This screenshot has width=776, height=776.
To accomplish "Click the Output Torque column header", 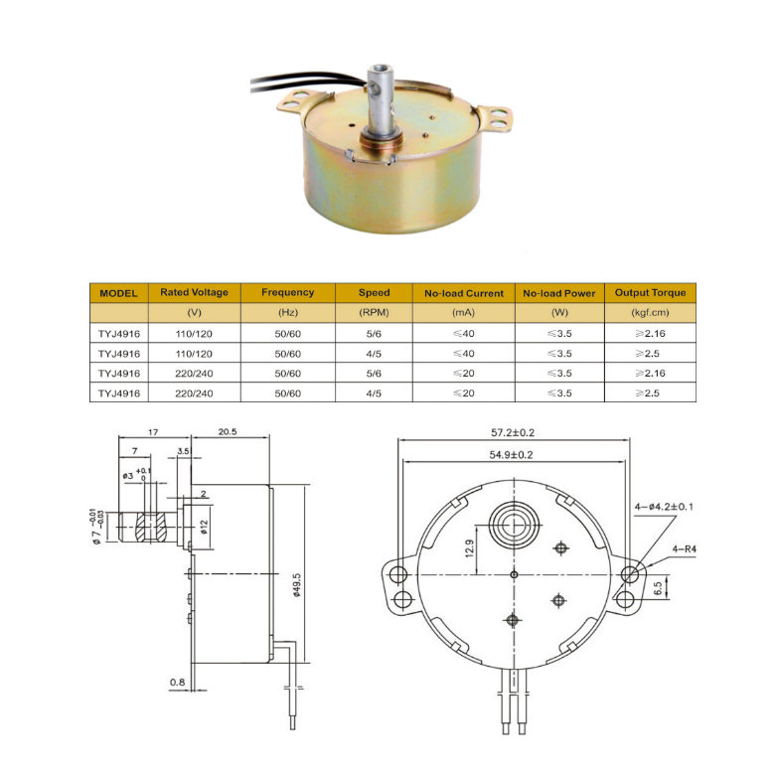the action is pos(650,293).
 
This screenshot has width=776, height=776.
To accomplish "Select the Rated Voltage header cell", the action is pos(194,293).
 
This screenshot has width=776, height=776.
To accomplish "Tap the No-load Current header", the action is pos(464,293).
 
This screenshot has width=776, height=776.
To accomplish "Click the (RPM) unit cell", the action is pos(374,313).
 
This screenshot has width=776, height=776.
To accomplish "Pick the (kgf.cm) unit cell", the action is pos(650,313).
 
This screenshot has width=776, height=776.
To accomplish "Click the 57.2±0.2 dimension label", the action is pos(513,432).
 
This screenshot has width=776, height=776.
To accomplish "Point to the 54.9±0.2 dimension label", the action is pos(512,455).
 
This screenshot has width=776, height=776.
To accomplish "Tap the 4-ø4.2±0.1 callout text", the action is pos(664,507).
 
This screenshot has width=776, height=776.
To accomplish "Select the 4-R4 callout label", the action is pos(684,548).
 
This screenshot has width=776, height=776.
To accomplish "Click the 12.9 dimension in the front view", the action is pos(469,548).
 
